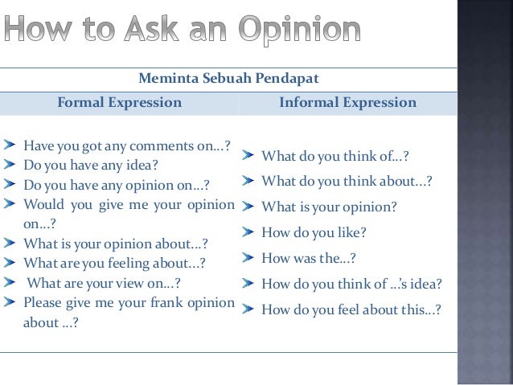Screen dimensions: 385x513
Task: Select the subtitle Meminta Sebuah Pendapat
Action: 229,79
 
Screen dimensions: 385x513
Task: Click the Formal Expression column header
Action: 119,103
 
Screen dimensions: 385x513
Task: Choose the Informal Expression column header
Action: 347,103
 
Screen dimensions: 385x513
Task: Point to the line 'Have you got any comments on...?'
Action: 127,146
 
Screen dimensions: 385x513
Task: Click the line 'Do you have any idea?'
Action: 90,166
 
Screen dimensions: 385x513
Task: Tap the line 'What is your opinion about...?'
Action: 116,244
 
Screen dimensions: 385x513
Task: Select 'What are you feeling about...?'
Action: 114,263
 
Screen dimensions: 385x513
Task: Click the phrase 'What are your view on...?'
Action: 104,283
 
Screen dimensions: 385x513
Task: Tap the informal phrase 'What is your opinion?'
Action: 329,207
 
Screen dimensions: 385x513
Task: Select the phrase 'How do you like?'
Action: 314,232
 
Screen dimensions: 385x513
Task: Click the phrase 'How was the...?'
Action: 309,258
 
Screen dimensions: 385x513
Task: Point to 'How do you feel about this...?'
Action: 351,309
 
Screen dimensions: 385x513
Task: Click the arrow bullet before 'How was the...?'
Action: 249,258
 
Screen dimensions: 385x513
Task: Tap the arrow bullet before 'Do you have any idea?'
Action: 9,166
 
